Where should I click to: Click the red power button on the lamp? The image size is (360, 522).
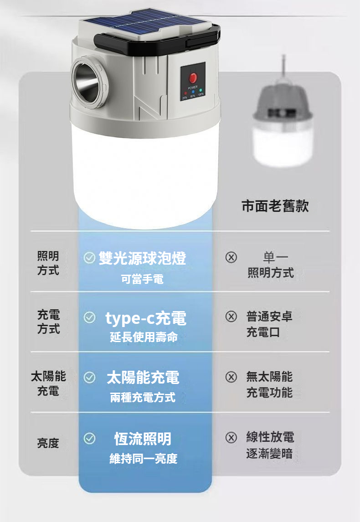coord(193,78)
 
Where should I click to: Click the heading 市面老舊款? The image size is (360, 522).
coord(275,206)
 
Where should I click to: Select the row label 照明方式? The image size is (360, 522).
coord(48,263)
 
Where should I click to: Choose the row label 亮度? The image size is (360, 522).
coord(48,443)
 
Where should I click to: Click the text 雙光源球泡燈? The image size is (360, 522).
coord(143,258)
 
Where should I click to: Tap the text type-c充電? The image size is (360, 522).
coord(146,318)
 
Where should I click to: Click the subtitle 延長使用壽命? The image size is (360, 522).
coord(144,337)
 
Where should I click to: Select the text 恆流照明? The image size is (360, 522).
coord(143,439)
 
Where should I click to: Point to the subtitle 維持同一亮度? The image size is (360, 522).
coord(144,458)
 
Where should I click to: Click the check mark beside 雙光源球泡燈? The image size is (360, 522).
coord(89,257)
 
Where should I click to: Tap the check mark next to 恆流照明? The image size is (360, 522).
coord(89,439)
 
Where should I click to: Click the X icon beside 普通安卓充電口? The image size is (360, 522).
coord(231,316)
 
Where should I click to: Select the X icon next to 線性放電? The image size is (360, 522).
coord(231,437)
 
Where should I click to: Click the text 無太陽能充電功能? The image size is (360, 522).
coord(269,384)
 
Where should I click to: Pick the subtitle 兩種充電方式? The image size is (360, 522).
coord(143,397)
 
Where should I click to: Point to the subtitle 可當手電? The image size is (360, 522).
coord(142,279)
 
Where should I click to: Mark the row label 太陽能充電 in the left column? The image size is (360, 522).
coord(48,384)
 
